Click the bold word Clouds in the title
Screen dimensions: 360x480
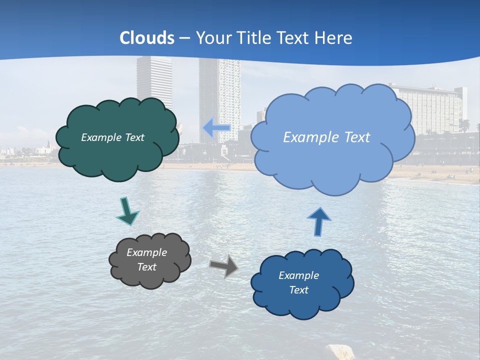click(147, 38)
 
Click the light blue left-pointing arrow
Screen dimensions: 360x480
click(216, 128)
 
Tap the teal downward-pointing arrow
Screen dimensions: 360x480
click(127, 211)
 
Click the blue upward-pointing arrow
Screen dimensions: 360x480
click(318, 221)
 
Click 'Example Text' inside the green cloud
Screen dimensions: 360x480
click(112, 137)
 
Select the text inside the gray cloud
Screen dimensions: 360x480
click(147, 259)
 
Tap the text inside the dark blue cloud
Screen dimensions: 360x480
click(298, 282)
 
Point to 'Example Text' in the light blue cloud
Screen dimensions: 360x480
click(326, 137)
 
